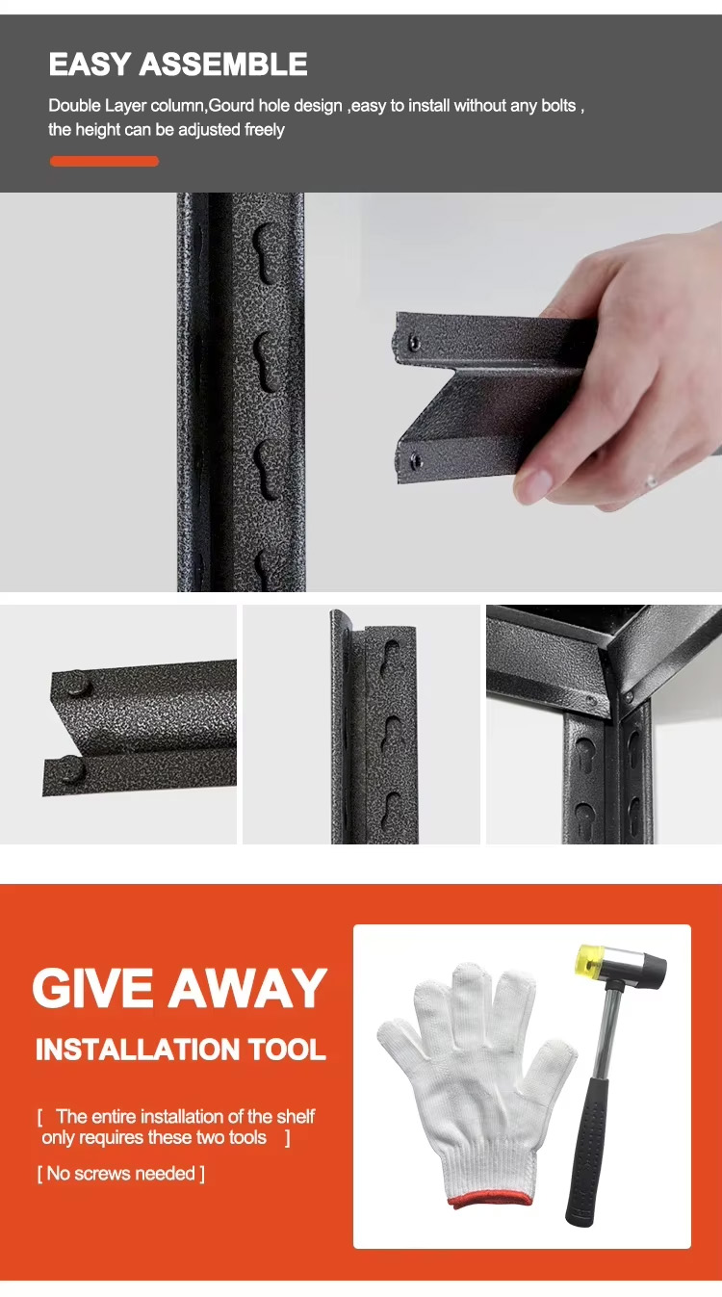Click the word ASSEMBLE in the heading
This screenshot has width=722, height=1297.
223,64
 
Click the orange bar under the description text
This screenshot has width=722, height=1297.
104,161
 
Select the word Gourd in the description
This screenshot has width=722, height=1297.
231,106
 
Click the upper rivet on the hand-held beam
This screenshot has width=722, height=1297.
414,343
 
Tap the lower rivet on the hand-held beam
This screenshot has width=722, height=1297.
416,461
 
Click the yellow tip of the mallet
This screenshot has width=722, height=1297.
587,959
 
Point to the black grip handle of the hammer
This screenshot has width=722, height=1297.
587,1176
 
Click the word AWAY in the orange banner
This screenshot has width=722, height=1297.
247,988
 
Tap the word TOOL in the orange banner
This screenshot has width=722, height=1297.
287,1050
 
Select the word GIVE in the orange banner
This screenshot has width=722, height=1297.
93,988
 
